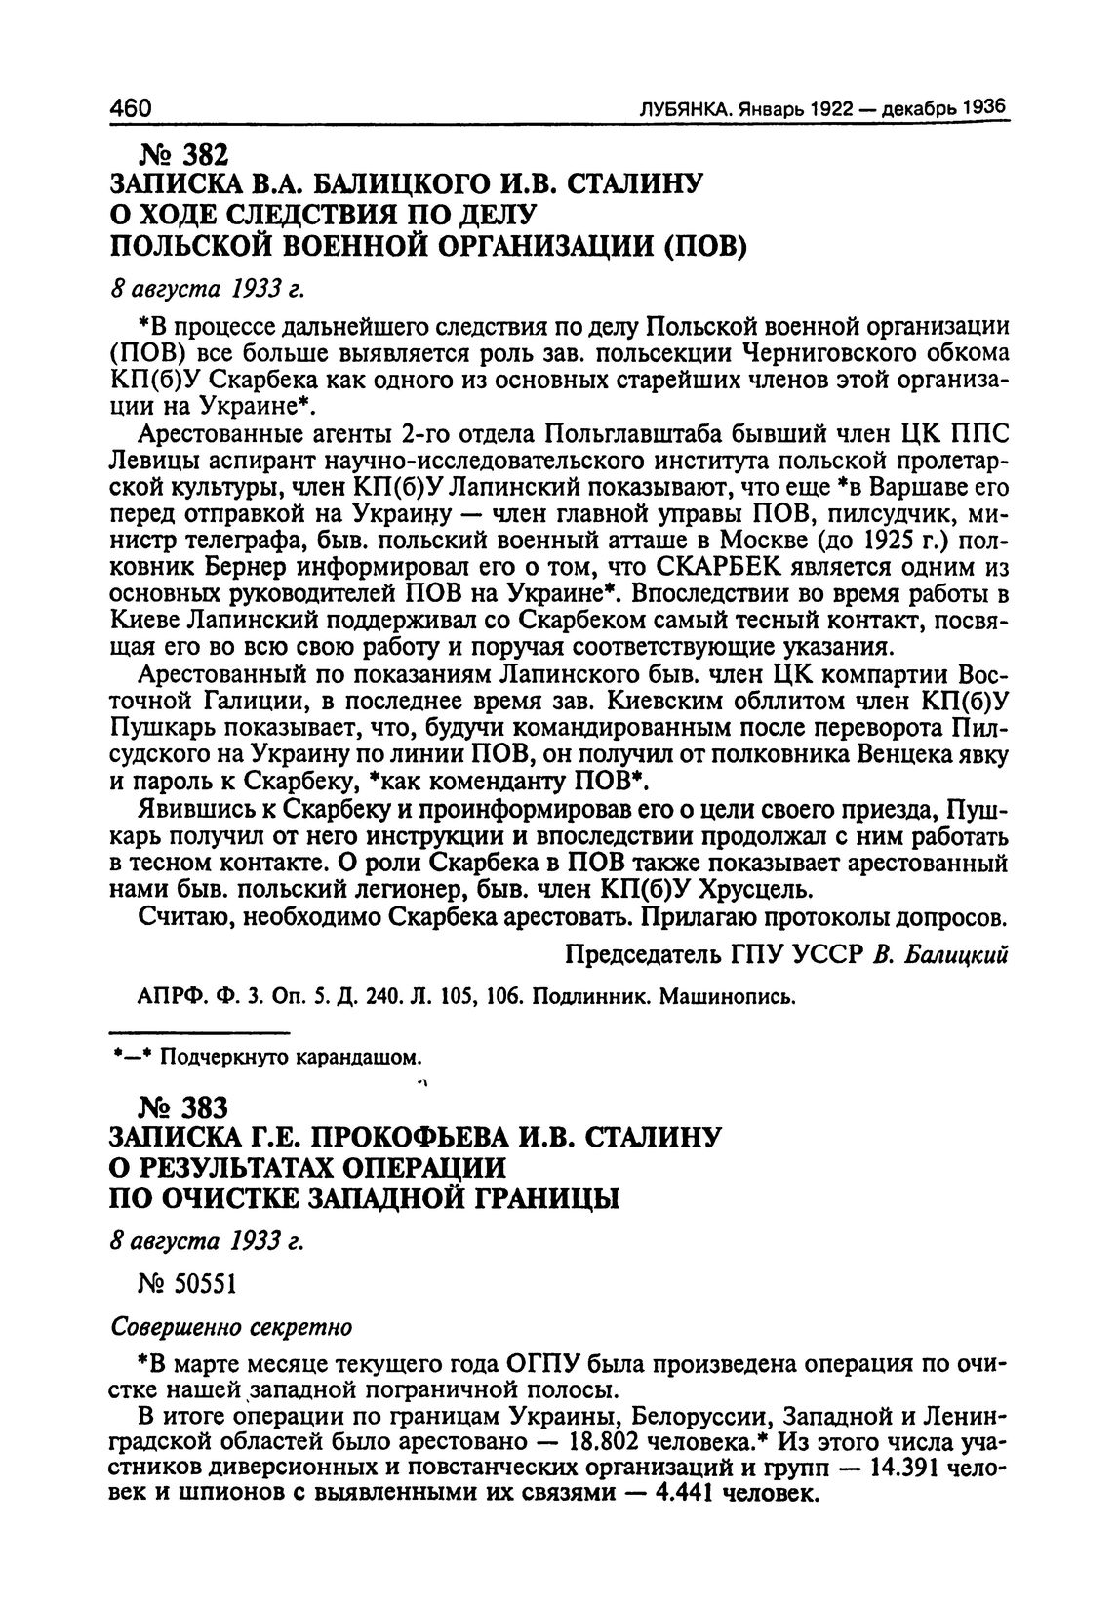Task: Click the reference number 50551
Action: coord(202,1285)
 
